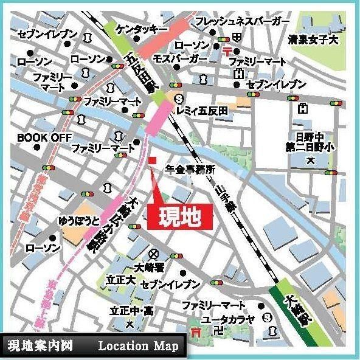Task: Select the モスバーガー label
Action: click(x=181, y=58)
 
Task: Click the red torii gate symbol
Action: click(x=196, y=332)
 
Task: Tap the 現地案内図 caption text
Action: click(x=41, y=347)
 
